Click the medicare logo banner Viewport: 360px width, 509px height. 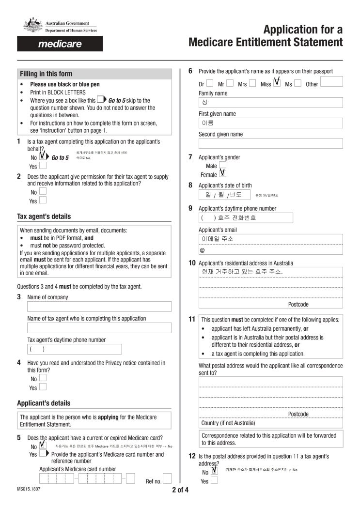[x=60, y=44]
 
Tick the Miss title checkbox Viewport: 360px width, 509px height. [x=277, y=83]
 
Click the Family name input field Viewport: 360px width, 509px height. [x=270, y=103]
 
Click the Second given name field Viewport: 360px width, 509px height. [x=270, y=143]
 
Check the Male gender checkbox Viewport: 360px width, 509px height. [x=222, y=165]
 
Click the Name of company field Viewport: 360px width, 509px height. [x=99, y=307]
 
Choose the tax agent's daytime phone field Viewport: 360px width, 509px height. [x=74, y=349]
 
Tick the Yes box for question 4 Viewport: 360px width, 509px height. [x=43, y=387]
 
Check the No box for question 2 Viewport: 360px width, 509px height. [x=43, y=191]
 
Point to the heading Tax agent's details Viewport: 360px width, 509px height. [x=44, y=216]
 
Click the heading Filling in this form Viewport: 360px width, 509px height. [x=46, y=74]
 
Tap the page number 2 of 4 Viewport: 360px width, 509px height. [x=180, y=490]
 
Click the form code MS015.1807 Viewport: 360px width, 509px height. [x=29, y=489]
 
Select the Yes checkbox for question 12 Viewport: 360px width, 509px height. [x=214, y=481]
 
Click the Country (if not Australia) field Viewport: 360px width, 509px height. [x=270, y=423]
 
